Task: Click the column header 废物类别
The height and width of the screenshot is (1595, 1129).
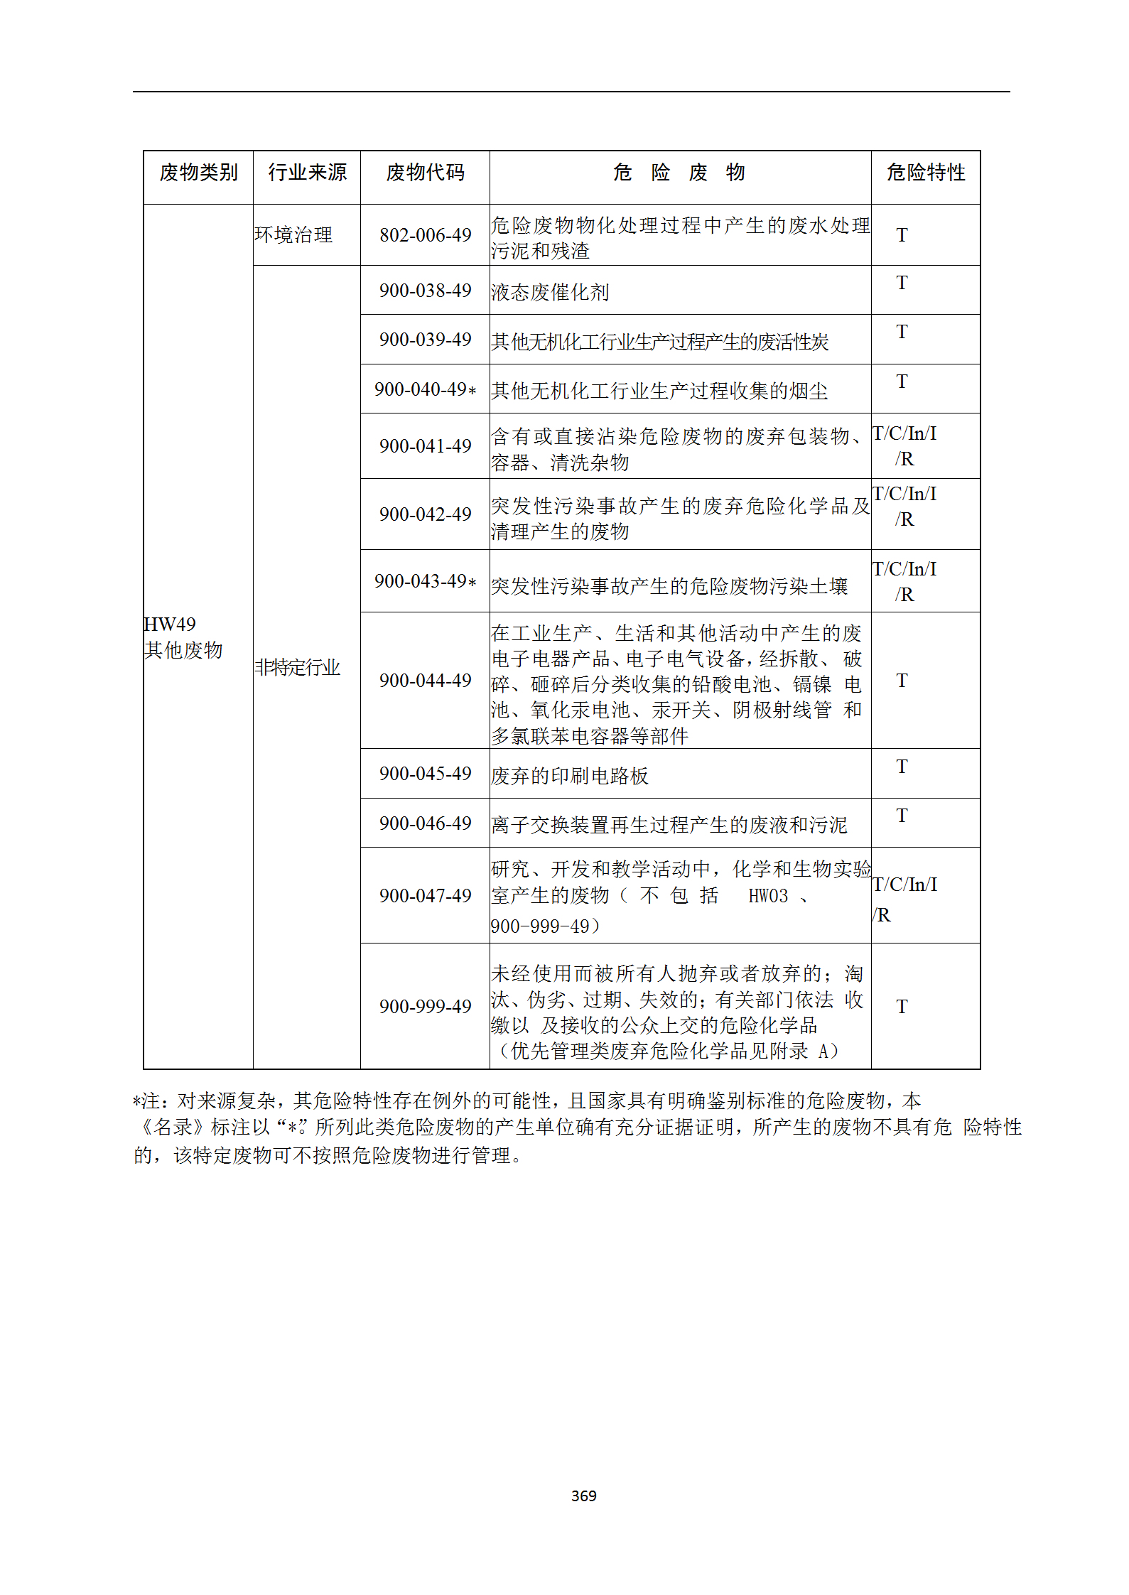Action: click(198, 173)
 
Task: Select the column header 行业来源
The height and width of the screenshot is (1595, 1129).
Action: click(307, 173)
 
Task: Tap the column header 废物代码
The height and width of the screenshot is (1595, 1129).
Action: click(425, 173)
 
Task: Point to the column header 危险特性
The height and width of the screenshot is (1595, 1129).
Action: click(925, 173)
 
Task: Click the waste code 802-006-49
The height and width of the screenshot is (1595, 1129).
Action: click(425, 235)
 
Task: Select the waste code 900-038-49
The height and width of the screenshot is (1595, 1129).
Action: click(425, 291)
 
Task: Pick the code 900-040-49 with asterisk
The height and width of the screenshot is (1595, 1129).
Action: click(425, 389)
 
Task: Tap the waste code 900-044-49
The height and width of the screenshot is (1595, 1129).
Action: click(425, 681)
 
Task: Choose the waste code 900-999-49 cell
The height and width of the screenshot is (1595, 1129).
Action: click(425, 1007)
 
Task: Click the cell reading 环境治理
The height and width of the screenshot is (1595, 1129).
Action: click(293, 235)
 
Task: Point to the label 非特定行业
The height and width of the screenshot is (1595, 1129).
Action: click(298, 668)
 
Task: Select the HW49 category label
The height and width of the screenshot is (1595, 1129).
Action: click(171, 625)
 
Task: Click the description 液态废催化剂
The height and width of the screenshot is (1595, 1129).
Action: click(550, 292)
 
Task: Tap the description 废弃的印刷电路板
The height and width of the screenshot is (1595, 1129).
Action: click(570, 776)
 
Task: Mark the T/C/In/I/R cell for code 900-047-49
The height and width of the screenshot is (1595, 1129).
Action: click(904, 899)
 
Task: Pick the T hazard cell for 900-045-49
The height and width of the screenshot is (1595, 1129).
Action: click(902, 767)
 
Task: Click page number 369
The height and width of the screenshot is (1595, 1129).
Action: click(583, 1496)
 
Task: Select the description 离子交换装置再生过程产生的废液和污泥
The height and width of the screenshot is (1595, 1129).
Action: click(669, 825)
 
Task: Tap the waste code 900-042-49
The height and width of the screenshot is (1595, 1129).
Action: click(425, 514)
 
